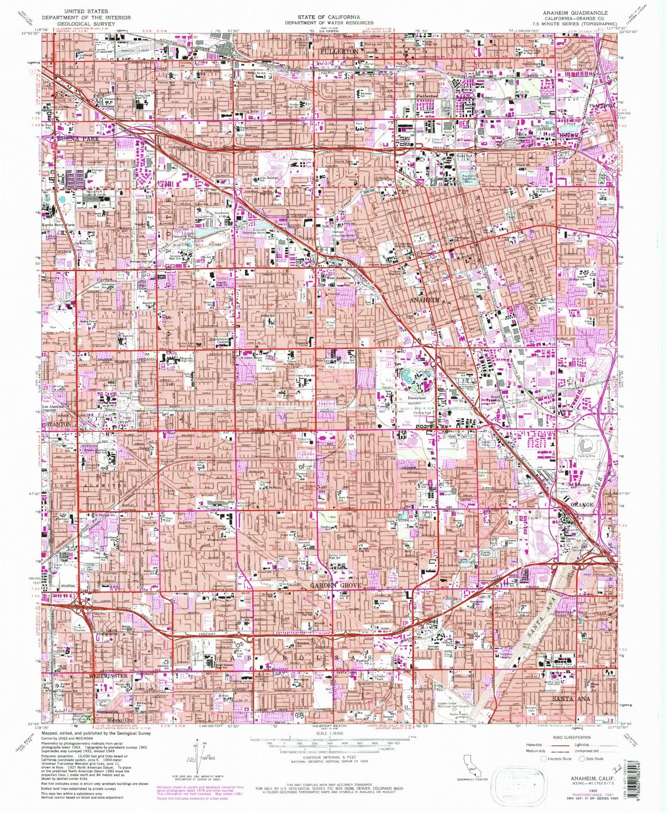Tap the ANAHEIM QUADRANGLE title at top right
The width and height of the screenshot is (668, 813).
[x=583, y=13]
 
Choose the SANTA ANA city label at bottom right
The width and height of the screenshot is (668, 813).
[x=571, y=699]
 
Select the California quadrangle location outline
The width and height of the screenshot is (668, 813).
[x=472, y=763]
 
